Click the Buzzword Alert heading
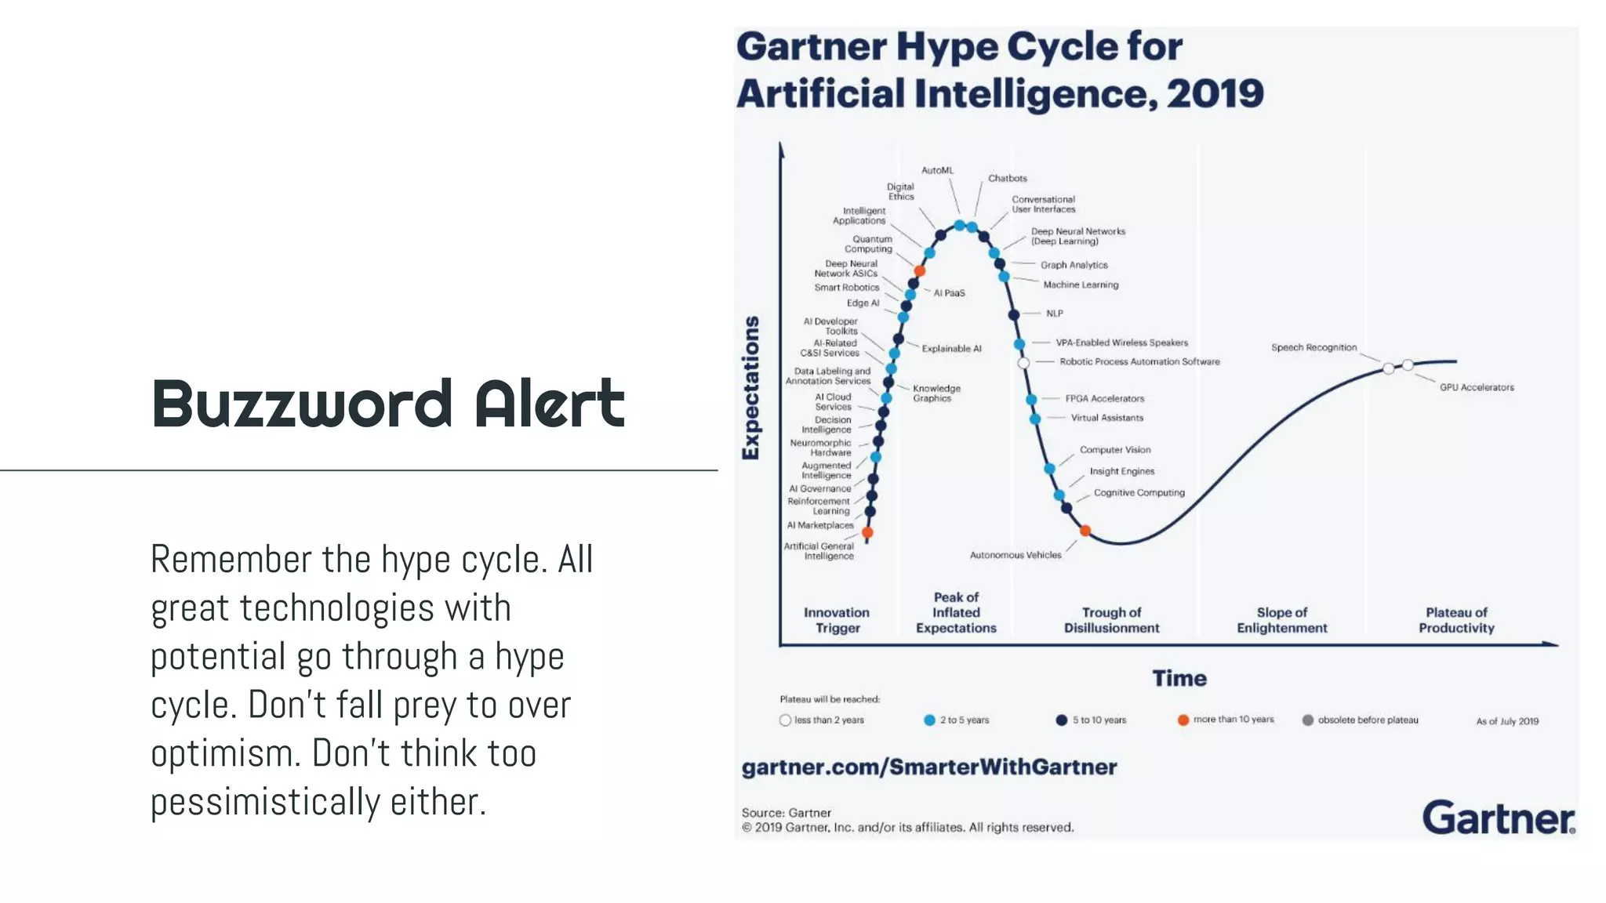(388, 404)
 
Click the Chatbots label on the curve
(1007, 179)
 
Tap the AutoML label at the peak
(937, 170)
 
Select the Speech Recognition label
(1314, 347)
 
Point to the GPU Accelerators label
(1476, 387)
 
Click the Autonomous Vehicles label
(1015, 555)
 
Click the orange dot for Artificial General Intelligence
(867, 533)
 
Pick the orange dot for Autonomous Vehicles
(1085, 531)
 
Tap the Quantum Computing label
(870, 244)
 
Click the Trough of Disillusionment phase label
(1111, 620)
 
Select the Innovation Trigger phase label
(837, 620)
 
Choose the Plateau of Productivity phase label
(1456, 620)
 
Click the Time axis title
(1179, 678)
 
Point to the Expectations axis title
(751, 388)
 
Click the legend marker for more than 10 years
(1183, 720)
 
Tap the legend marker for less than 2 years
(785, 720)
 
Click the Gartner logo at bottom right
(1498, 818)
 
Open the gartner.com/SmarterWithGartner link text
(928, 767)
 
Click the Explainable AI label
(951, 349)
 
